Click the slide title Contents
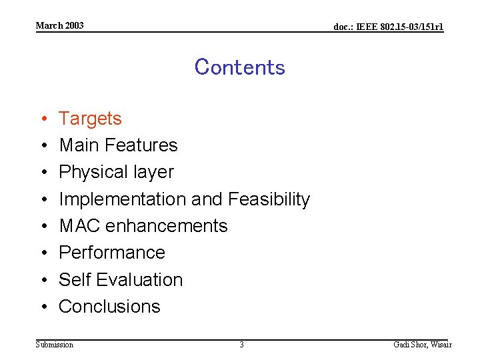click(239, 67)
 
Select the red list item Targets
click(90, 119)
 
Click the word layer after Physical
click(153, 172)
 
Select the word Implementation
click(123, 199)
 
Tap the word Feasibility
click(269, 199)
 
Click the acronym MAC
click(78, 226)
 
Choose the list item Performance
click(111, 253)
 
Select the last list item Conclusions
click(109, 307)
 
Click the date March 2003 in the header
click(60, 25)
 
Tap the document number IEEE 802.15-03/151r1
click(388, 27)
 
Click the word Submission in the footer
click(55, 345)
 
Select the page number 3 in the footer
click(241, 345)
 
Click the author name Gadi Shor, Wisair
click(422, 345)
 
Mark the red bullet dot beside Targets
click(42, 119)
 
